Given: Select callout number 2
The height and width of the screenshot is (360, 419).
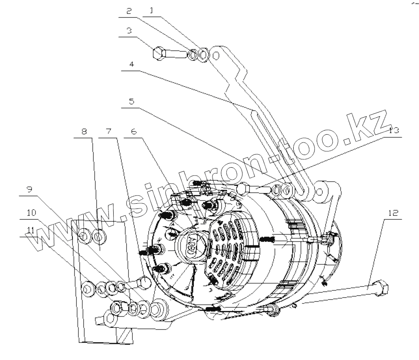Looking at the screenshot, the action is pyautogui.click(x=129, y=11).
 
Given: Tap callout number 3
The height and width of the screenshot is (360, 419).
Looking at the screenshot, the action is pyautogui.click(x=129, y=31).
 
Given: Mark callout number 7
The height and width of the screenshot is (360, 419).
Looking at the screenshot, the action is pyautogui.click(x=108, y=131).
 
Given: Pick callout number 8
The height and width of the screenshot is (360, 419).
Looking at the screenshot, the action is pyautogui.click(x=84, y=131).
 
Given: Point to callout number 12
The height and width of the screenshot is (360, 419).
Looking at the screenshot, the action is pyautogui.click(x=392, y=213).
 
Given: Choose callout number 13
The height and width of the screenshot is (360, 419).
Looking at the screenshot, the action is pyautogui.click(x=393, y=131).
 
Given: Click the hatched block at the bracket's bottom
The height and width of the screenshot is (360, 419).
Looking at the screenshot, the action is pyautogui.click(x=123, y=336).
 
